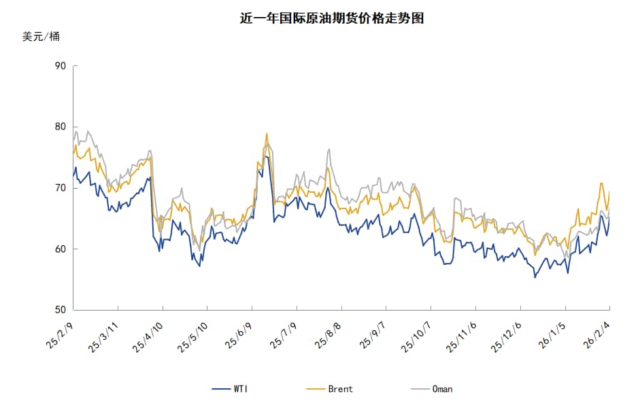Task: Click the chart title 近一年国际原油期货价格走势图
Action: tap(332, 18)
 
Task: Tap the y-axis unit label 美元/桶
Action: tap(41, 37)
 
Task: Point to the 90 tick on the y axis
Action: tap(60, 66)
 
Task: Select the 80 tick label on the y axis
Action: tap(60, 127)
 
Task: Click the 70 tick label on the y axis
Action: tap(60, 188)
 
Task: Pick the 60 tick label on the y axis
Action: tap(60, 249)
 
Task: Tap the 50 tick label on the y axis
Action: tap(60, 310)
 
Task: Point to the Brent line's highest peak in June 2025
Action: tap(267, 133)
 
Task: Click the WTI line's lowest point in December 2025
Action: tap(535, 277)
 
